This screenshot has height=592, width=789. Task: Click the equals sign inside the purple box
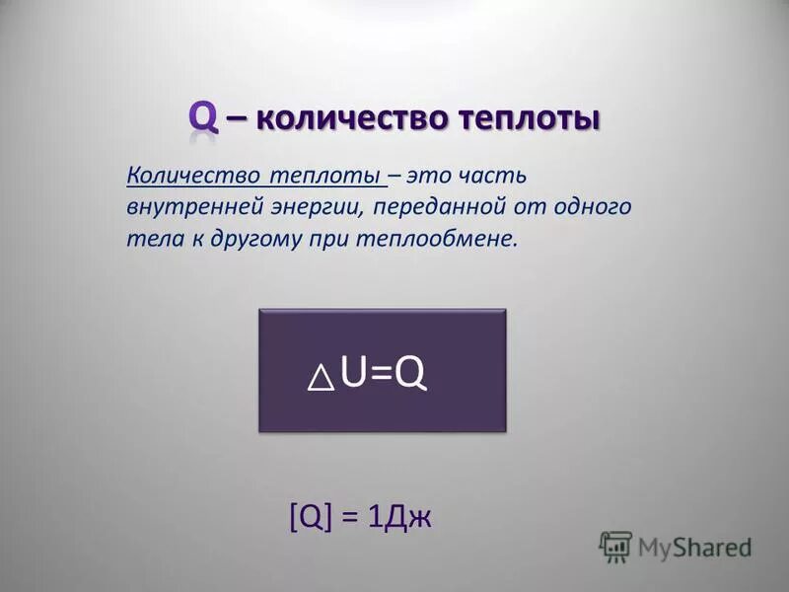coord(380,374)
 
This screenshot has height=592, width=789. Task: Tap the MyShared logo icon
coord(615,546)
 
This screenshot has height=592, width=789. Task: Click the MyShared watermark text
coord(694,547)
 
